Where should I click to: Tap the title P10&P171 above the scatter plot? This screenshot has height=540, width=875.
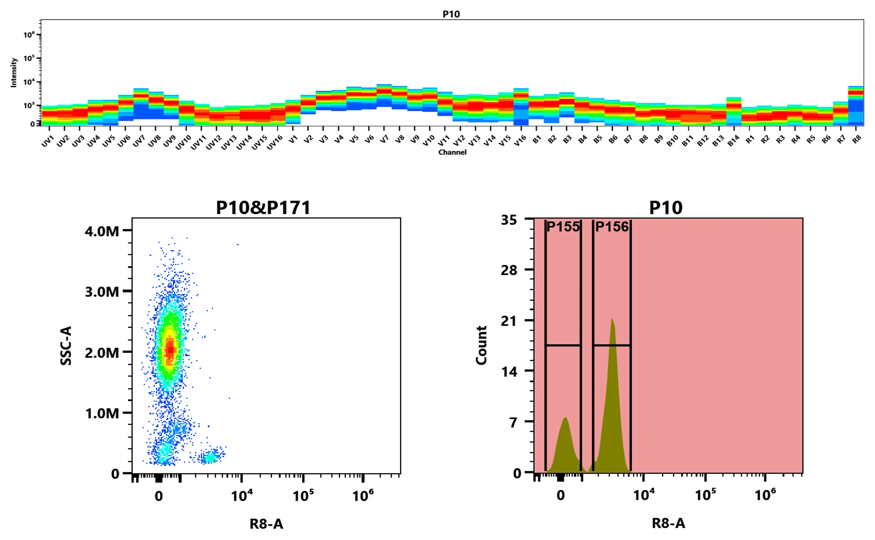tap(263, 207)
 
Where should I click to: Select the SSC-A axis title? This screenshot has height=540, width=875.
tap(66, 345)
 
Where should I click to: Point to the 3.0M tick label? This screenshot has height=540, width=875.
tap(102, 292)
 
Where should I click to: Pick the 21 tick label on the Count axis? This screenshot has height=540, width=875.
tap(509, 321)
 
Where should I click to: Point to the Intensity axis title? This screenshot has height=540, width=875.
tap(14, 73)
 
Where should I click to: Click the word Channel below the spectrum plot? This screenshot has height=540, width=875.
tap(452, 152)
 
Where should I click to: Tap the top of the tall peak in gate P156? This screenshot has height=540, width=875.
tap(612, 319)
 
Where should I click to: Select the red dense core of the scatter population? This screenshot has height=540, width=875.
tap(170, 349)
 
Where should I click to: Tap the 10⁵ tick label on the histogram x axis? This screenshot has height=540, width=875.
tap(705, 495)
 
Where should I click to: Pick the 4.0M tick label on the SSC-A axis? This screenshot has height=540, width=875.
tap(102, 231)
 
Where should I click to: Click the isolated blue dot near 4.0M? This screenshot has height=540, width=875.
tap(238, 245)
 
